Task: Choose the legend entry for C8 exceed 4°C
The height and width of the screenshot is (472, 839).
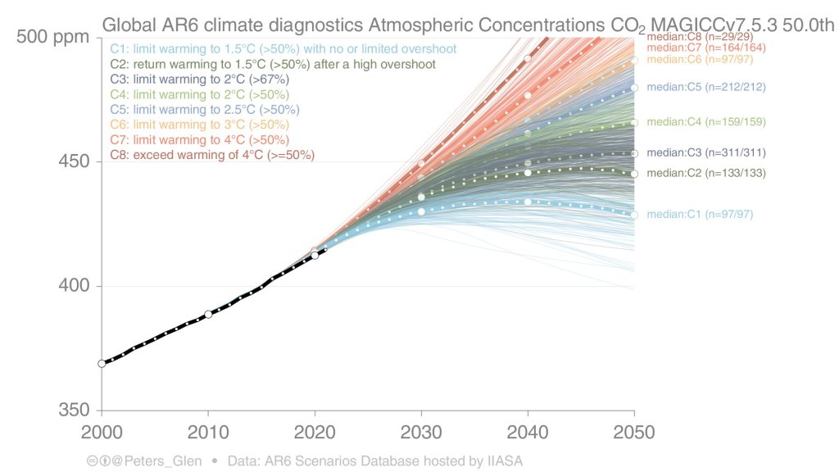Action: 211,154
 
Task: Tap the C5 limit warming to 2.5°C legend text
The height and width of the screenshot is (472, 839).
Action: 204,109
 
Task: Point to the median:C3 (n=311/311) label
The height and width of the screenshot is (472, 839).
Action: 705,152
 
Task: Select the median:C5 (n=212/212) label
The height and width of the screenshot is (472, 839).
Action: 705,87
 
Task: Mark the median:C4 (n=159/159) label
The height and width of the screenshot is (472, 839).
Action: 705,122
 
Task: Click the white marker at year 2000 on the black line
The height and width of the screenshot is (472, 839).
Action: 102,363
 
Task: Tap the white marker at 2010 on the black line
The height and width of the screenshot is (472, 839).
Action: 208,314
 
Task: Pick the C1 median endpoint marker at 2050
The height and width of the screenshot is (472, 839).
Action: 634,215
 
